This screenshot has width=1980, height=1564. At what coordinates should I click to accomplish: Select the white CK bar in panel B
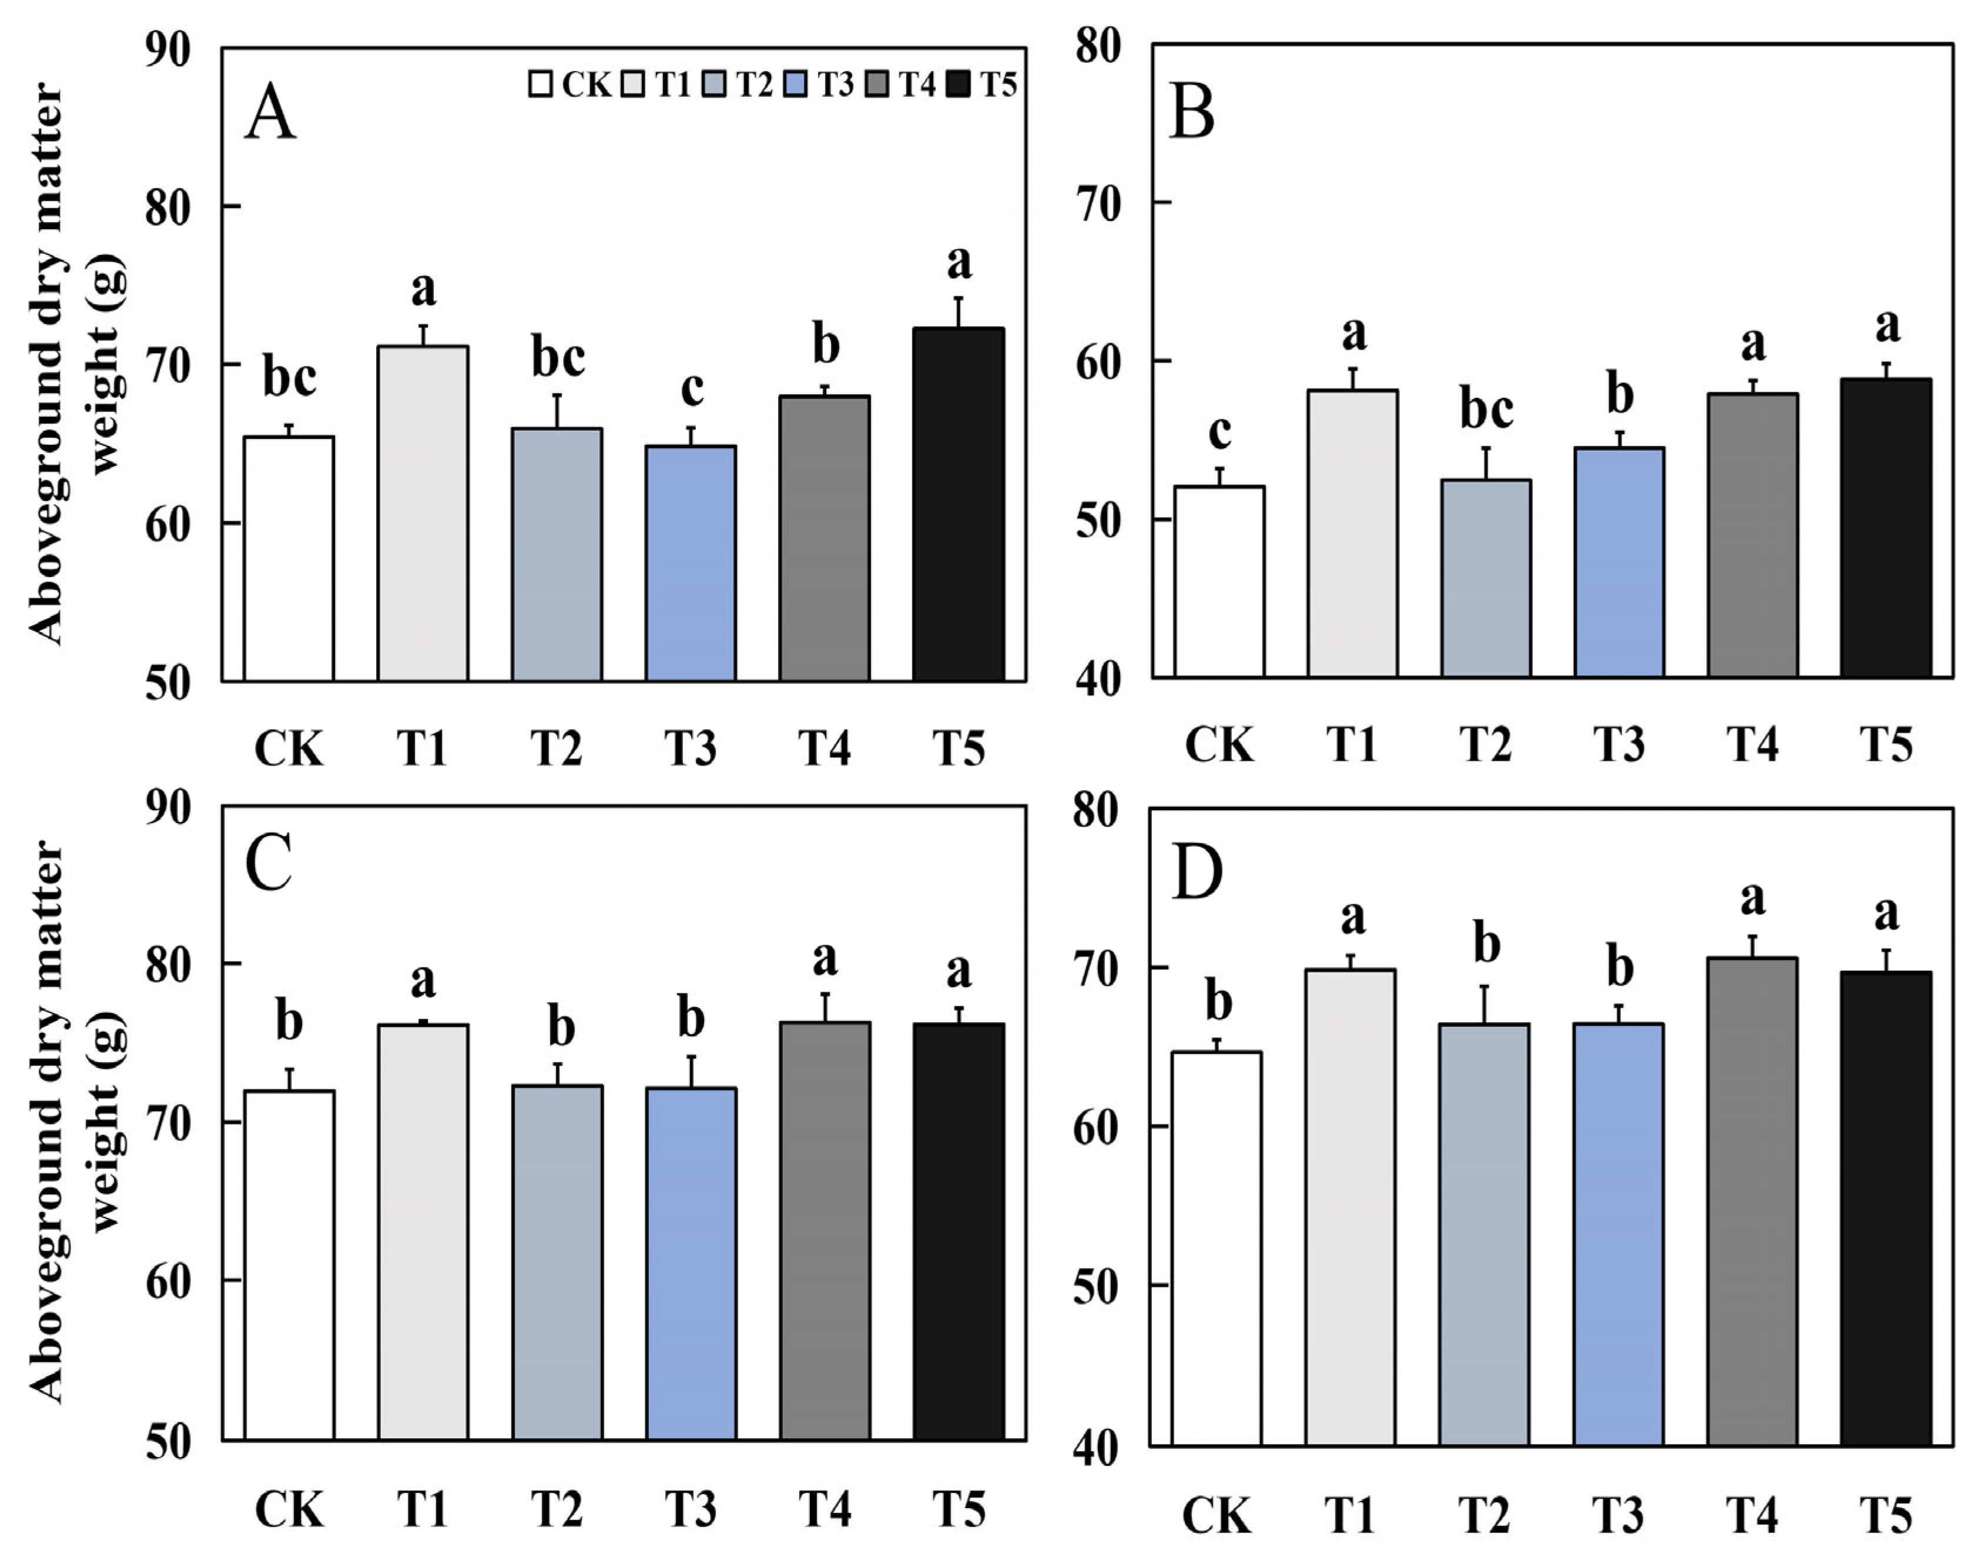coord(1219,582)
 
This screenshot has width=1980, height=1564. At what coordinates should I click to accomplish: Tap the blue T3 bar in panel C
coord(691,1264)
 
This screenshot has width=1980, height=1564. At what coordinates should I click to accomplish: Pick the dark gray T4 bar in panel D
coord(1752,1201)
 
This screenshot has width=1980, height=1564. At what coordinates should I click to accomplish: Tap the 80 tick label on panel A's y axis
coord(167,207)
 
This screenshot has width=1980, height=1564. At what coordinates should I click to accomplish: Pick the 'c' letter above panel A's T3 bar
coord(692,388)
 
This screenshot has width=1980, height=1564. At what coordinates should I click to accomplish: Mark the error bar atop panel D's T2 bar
coord(1485,1005)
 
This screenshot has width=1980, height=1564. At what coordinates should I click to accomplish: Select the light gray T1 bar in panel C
coord(422,1231)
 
